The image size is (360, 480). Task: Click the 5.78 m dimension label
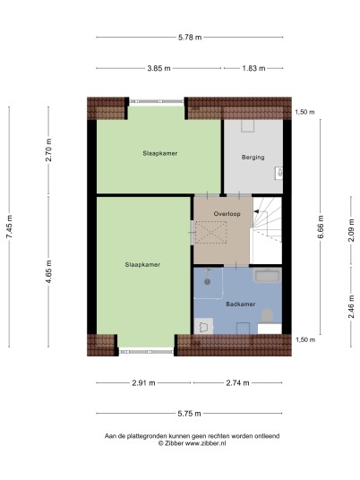[x=190, y=38]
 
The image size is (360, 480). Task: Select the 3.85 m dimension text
[x=159, y=68]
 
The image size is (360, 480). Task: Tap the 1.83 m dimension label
[x=253, y=68]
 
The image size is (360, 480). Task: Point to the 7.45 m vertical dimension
[x=10, y=227]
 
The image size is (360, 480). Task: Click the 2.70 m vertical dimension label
[x=48, y=150]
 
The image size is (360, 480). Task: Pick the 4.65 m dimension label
[x=48, y=271]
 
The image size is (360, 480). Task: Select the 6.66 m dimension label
[x=321, y=227]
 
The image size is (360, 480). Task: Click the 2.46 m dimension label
[x=351, y=306]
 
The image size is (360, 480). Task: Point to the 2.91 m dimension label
[x=143, y=383]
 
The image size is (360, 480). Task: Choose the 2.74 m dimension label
[x=237, y=383]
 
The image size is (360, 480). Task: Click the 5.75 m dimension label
[x=189, y=414]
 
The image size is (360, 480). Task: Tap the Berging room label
[x=253, y=158]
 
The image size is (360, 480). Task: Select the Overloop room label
[x=227, y=214]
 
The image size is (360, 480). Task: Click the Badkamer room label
[x=241, y=304]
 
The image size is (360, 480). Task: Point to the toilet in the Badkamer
[x=268, y=315]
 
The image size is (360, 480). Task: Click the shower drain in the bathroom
[x=207, y=281]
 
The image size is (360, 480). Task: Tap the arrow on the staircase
[x=256, y=211]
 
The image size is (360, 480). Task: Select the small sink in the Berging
[x=279, y=173]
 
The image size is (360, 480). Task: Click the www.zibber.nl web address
[x=206, y=443]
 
